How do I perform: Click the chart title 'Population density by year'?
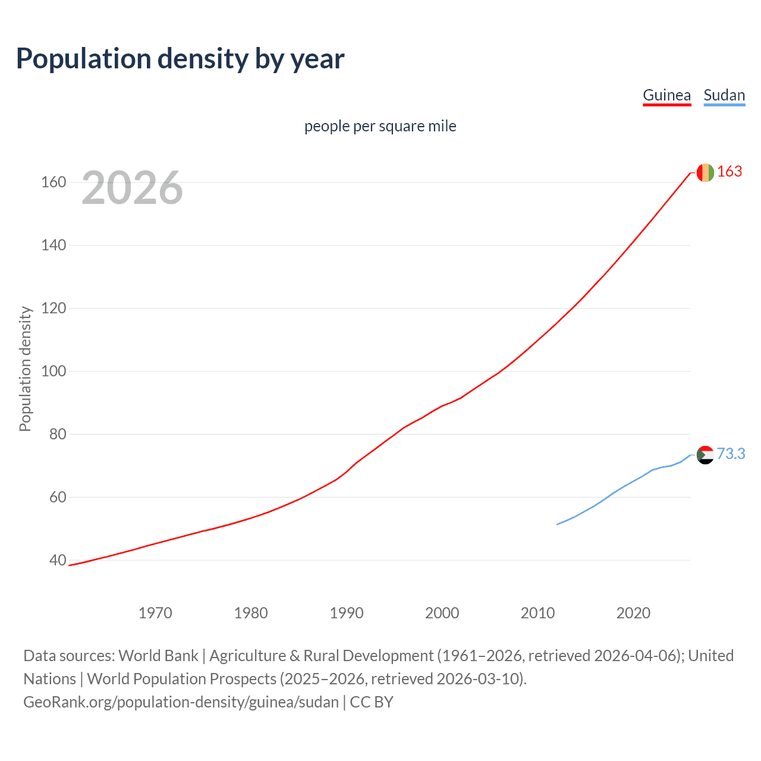[x=180, y=59]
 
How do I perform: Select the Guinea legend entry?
[x=666, y=95]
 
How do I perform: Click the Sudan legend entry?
[x=724, y=95]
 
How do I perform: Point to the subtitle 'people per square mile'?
[x=380, y=126]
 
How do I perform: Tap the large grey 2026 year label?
[x=132, y=188]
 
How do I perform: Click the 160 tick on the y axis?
[x=54, y=182]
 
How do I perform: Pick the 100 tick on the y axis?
[x=54, y=371]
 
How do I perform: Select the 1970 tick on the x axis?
[x=155, y=613]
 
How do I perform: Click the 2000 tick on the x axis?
[x=442, y=613]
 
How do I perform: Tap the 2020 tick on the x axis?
[x=633, y=613]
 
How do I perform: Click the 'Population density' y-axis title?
[x=25, y=369]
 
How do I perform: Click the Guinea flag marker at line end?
[x=705, y=172]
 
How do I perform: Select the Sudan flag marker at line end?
[x=705, y=455]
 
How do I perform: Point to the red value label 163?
[x=729, y=171]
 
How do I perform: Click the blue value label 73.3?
[x=731, y=454]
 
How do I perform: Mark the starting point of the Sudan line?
[x=557, y=524]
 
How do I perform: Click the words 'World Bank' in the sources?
[x=158, y=655]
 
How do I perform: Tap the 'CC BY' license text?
[x=372, y=702]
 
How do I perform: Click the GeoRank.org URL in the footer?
[x=181, y=702]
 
